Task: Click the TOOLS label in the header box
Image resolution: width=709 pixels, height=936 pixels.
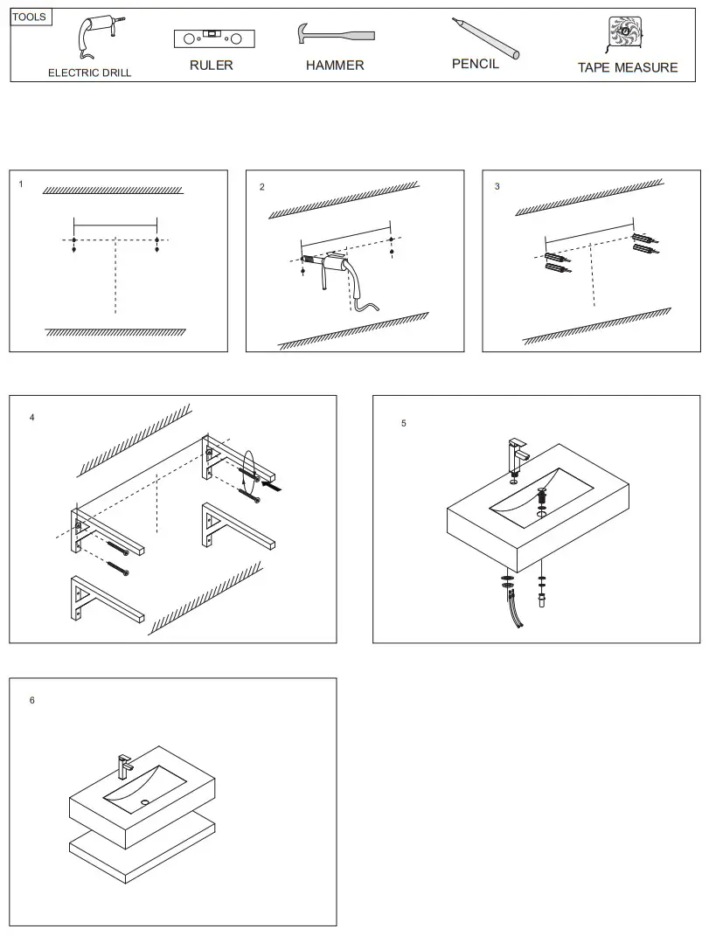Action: [29, 17]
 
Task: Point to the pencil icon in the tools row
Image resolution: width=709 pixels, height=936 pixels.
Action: [485, 38]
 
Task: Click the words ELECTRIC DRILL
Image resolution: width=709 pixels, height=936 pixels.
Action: [89, 73]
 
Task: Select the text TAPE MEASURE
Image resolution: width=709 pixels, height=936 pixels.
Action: [627, 67]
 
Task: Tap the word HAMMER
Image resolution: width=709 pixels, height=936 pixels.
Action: [335, 66]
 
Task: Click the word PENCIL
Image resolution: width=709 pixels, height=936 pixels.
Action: [476, 65]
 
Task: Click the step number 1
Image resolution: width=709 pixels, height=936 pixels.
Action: [21, 185]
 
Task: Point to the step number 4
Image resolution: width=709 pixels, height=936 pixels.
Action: [32, 418]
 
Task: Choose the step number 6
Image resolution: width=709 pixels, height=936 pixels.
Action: [32, 700]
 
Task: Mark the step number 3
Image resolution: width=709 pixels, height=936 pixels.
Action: [497, 186]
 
